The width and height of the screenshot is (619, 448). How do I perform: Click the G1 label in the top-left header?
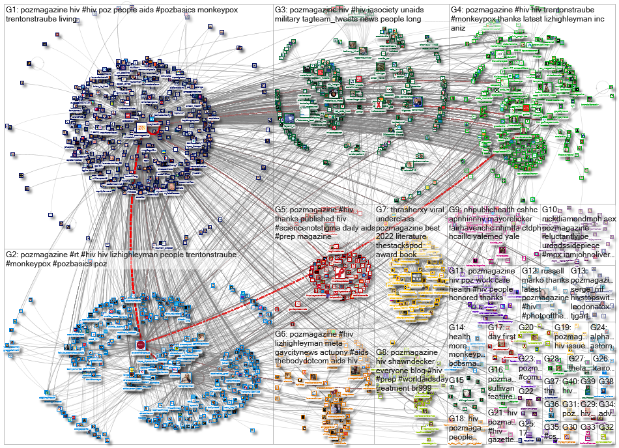pos(11,10)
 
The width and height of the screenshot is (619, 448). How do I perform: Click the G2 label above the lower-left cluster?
pos(11,254)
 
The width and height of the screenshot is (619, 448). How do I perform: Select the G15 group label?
pos(456,380)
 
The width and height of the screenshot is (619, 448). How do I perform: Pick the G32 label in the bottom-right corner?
pos(607,427)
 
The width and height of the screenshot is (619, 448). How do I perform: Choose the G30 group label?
pos(569,427)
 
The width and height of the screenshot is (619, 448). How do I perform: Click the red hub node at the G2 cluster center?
pos(140,344)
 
